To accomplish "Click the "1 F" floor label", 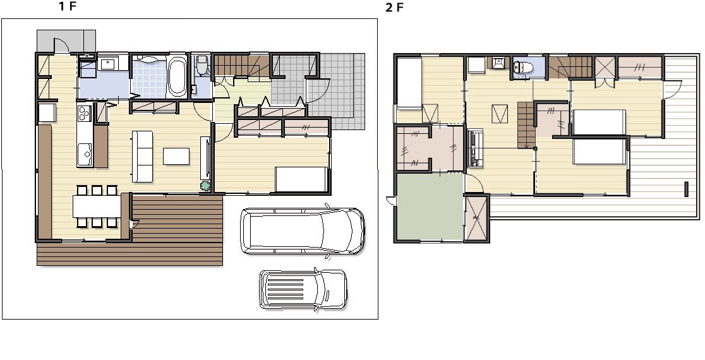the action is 68,6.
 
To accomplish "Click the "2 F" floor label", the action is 394,8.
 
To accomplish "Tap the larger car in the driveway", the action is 303,231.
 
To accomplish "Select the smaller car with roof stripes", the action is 303,289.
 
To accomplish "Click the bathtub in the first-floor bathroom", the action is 176,76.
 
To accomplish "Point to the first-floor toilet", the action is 202,64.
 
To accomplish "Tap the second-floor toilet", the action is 523,68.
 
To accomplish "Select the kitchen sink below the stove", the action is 85,153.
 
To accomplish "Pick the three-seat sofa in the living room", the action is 142,157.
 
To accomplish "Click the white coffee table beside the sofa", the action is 176,157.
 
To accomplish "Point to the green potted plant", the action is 205,186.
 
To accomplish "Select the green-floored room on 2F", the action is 430,207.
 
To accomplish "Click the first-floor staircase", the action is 241,66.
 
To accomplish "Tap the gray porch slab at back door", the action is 66,41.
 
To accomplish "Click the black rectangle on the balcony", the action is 686,189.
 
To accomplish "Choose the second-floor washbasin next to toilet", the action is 498,63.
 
